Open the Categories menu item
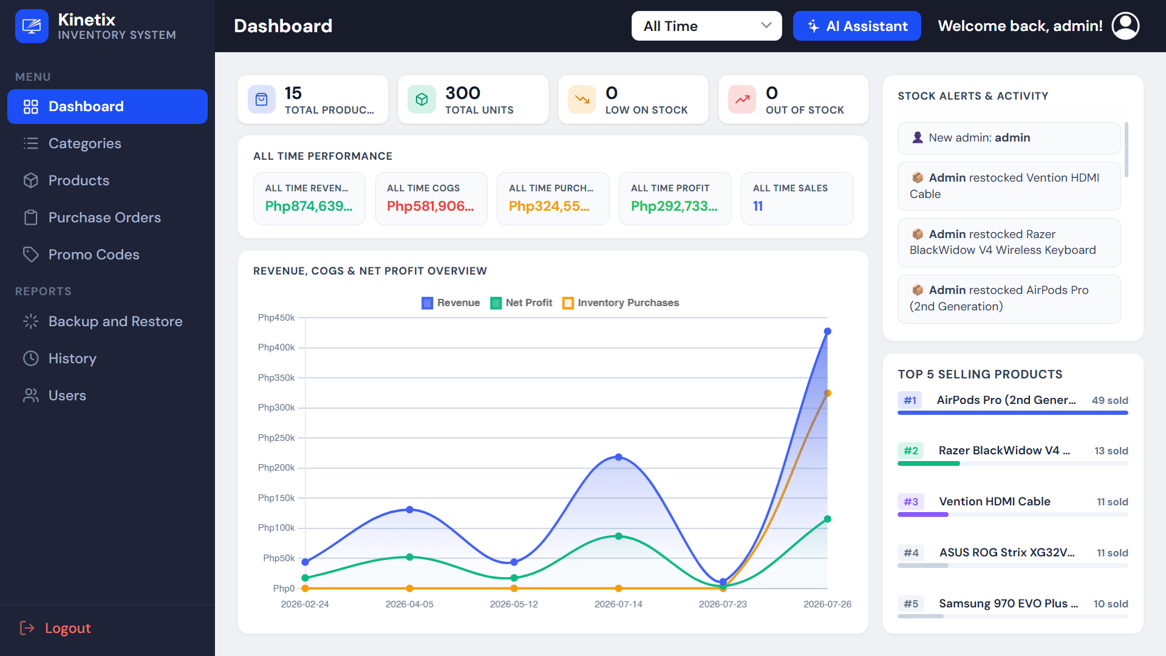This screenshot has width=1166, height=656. pos(84,143)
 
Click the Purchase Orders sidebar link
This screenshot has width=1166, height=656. pos(104,217)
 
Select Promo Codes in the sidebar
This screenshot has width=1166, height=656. pos(94,255)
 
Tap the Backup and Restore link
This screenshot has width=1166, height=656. pos(115,321)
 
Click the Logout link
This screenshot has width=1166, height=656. pos(67,628)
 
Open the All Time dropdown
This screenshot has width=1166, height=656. pos(706,26)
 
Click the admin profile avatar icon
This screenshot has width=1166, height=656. pos(1125,26)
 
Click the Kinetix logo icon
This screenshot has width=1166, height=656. pos(32,26)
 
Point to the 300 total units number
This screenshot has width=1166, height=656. pos(463,93)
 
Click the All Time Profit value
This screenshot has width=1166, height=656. pos(674,206)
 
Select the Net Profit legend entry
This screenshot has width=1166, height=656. pos(521,302)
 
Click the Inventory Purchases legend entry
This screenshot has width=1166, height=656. pos(621,302)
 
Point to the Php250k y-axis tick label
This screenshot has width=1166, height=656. pos(276,437)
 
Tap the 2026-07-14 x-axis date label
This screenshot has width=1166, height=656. pos(618,604)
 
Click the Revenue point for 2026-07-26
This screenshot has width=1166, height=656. pos(827,332)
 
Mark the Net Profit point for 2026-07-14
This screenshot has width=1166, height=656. pos(618,536)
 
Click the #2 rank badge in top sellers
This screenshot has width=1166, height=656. pos(910,451)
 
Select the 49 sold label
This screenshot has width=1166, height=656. pos(1110,400)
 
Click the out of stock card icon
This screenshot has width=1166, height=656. pos(742,100)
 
